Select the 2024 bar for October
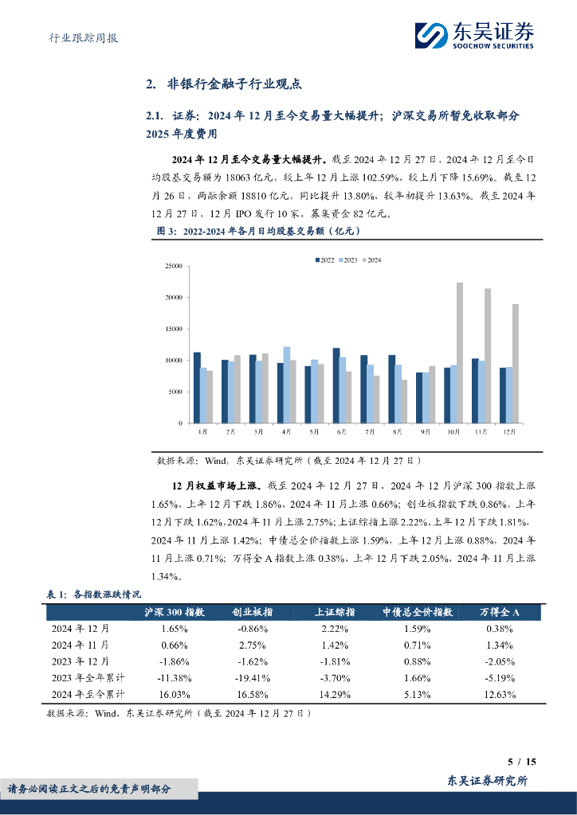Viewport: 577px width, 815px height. click(x=460, y=353)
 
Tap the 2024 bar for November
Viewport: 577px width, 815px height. click(x=488, y=356)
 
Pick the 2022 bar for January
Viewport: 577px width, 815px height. click(x=197, y=388)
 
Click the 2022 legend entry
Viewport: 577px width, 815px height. click(x=325, y=260)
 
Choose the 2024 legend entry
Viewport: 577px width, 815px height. click(x=371, y=260)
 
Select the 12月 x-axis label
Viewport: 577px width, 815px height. click(x=508, y=432)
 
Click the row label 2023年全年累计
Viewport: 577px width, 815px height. click(x=81, y=677)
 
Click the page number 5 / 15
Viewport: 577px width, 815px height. click(x=522, y=762)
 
